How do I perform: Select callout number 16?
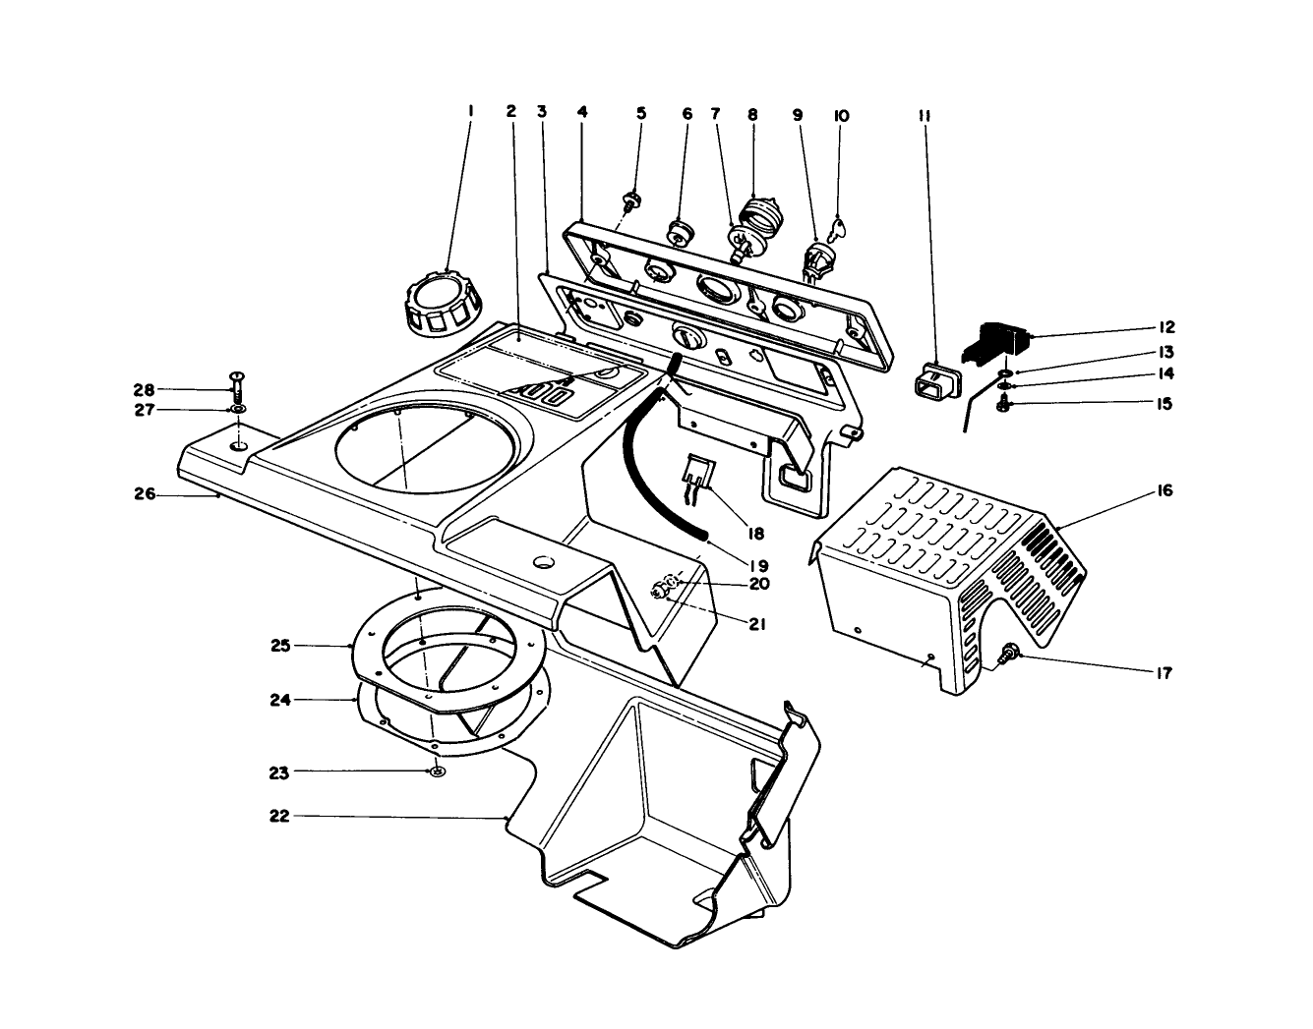click(x=1164, y=490)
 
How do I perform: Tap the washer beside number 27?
click(x=238, y=409)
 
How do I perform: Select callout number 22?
click(x=279, y=816)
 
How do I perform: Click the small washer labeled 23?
click(x=437, y=772)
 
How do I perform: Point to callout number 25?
click(x=279, y=646)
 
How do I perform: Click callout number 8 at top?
click(x=752, y=115)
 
